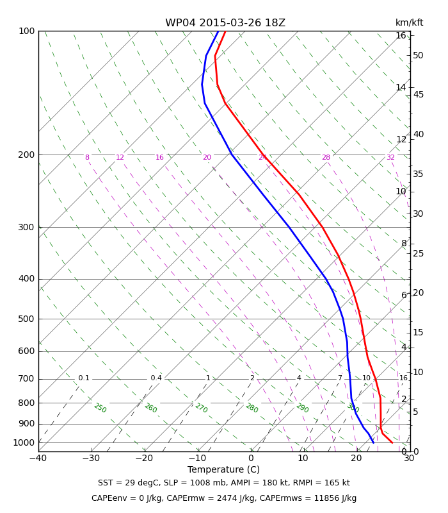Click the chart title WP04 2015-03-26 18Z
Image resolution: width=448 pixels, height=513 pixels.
pos(225,23)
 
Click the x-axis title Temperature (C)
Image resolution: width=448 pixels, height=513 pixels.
pos(223,470)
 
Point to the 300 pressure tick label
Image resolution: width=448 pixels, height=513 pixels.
pos(26,227)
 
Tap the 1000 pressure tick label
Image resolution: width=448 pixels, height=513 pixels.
pos(24,442)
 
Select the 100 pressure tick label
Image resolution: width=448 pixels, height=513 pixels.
pos(26,31)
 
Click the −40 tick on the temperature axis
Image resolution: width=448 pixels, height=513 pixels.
pos(38,458)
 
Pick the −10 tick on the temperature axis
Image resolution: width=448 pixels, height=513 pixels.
pos(198,458)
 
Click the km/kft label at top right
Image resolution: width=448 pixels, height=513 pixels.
pos(409,22)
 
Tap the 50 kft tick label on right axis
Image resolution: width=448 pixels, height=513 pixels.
pos(418,56)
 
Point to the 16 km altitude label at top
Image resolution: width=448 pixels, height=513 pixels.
pos(401,35)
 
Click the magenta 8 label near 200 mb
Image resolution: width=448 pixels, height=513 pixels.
pos(87,157)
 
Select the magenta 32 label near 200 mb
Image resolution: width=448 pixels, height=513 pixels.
pos(390,157)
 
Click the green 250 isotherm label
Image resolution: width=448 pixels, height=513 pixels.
pos(100,408)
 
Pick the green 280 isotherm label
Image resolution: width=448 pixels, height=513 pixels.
pos(252,408)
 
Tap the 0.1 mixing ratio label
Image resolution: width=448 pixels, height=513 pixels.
pos(84,378)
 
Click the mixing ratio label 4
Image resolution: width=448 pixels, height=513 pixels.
pos(299,378)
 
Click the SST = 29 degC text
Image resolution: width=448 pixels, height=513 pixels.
pos(129,483)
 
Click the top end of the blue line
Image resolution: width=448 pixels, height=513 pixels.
pos(218,31)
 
